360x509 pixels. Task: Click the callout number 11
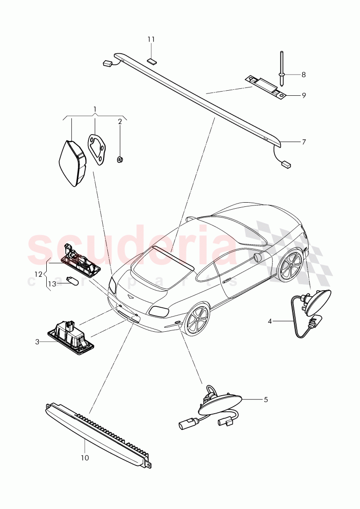(151, 39)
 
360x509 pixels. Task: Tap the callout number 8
(304, 74)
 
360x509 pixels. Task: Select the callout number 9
(304, 96)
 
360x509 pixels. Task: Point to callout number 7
(304, 142)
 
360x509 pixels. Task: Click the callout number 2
(120, 122)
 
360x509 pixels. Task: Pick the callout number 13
(52, 284)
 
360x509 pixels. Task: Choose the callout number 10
(85, 458)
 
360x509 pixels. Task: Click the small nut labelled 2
(120, 160)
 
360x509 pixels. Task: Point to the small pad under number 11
(151, 60)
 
